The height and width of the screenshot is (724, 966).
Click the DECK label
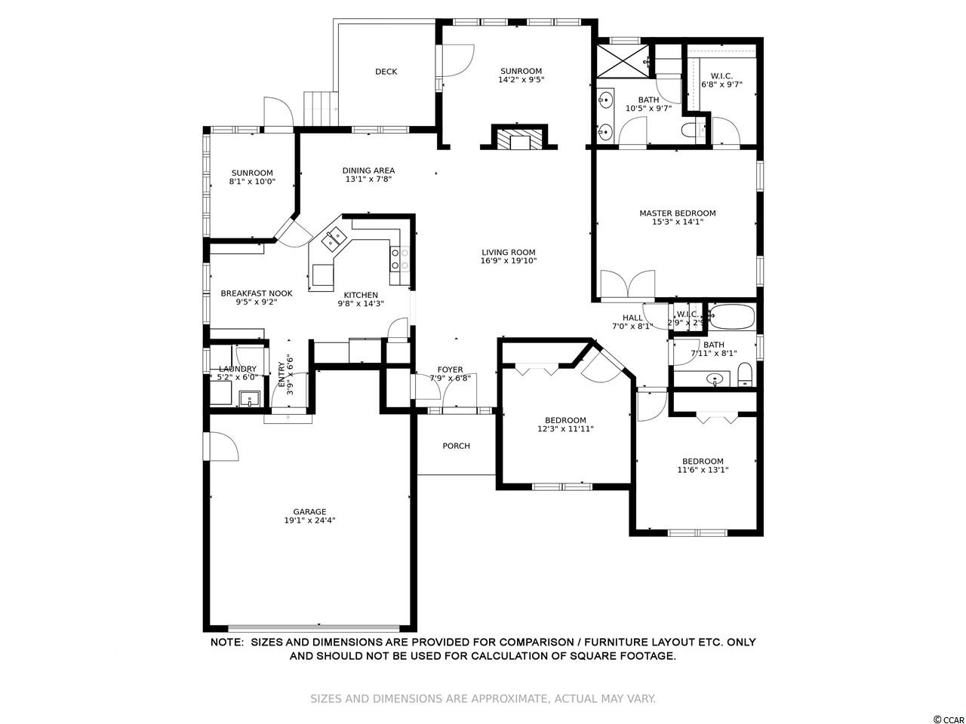pyautogui.click(x=386, y=72)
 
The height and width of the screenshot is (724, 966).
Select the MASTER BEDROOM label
pyautogui.click(x=677, y=213)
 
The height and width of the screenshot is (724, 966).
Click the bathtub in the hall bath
pyautogui.click(x=732, y=317)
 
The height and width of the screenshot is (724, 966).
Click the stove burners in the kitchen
pyautogui.click(x=400, y=259)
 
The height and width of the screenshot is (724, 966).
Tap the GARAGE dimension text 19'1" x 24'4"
pyautogui.click(x=309, y=520)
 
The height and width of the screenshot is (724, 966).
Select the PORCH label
pyautogui.click(x=456, y=446)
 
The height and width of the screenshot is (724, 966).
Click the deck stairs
pyautogui.click(x=320, y=109)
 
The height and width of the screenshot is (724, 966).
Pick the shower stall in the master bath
pyautogui.click(x=623, y=60)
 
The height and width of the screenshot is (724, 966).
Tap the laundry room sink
pyautogui.click(x=250, y=399)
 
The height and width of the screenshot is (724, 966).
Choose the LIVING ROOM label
pyautogui.click(x=509, y=253)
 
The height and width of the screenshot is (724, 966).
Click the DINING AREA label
pyautogui.click(x=368, y=170)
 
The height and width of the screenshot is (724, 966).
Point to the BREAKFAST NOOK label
pyautogui.click(x=257, y=293)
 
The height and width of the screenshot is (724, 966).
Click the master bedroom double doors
pyautogui.click(x=628, y=286)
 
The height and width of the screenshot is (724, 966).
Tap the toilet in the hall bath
pyautogui.click(x=745, y=374)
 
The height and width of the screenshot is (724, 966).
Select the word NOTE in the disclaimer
pyautogui.click(x=226, y=643)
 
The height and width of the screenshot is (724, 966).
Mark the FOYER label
pyautogui.click(x=451, y=370)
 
